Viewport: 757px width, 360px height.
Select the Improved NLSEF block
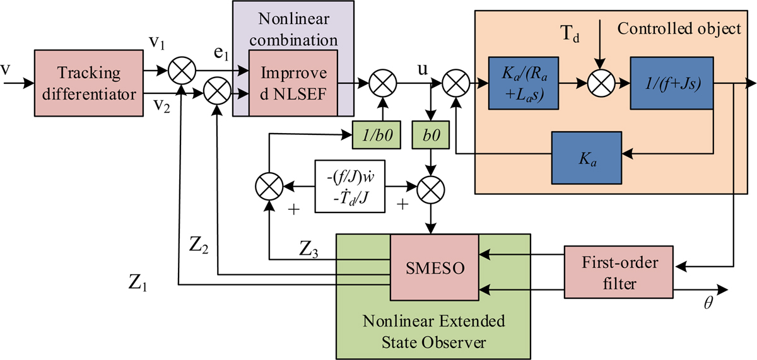(294, 83)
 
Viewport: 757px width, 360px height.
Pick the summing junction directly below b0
(431, 187)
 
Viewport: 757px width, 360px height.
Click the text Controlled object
(678, 29)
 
